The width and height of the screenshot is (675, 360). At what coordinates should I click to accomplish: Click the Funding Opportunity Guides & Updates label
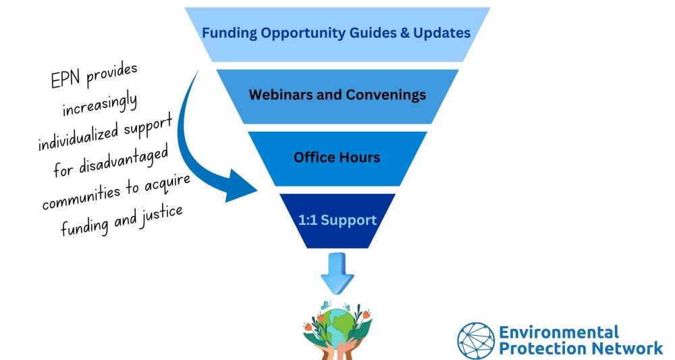(x=336, y=33)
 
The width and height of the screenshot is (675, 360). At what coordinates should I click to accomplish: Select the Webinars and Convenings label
(x=337, y=95)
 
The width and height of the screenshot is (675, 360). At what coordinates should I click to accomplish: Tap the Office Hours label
(x=337, y=157)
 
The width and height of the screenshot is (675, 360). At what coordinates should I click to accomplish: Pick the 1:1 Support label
(x=337, y=220)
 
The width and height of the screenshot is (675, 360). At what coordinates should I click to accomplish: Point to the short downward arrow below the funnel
(x=337, y=274)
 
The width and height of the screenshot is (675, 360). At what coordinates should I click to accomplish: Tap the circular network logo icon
(x=476, y=340)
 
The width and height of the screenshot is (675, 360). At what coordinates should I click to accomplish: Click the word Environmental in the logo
(x=559, y=332)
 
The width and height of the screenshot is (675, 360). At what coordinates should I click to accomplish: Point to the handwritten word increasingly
(x=100, y=105)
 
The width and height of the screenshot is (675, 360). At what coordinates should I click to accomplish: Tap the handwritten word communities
(x=81, y=197)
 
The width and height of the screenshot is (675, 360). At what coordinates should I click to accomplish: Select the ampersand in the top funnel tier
(x=404, y=33)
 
